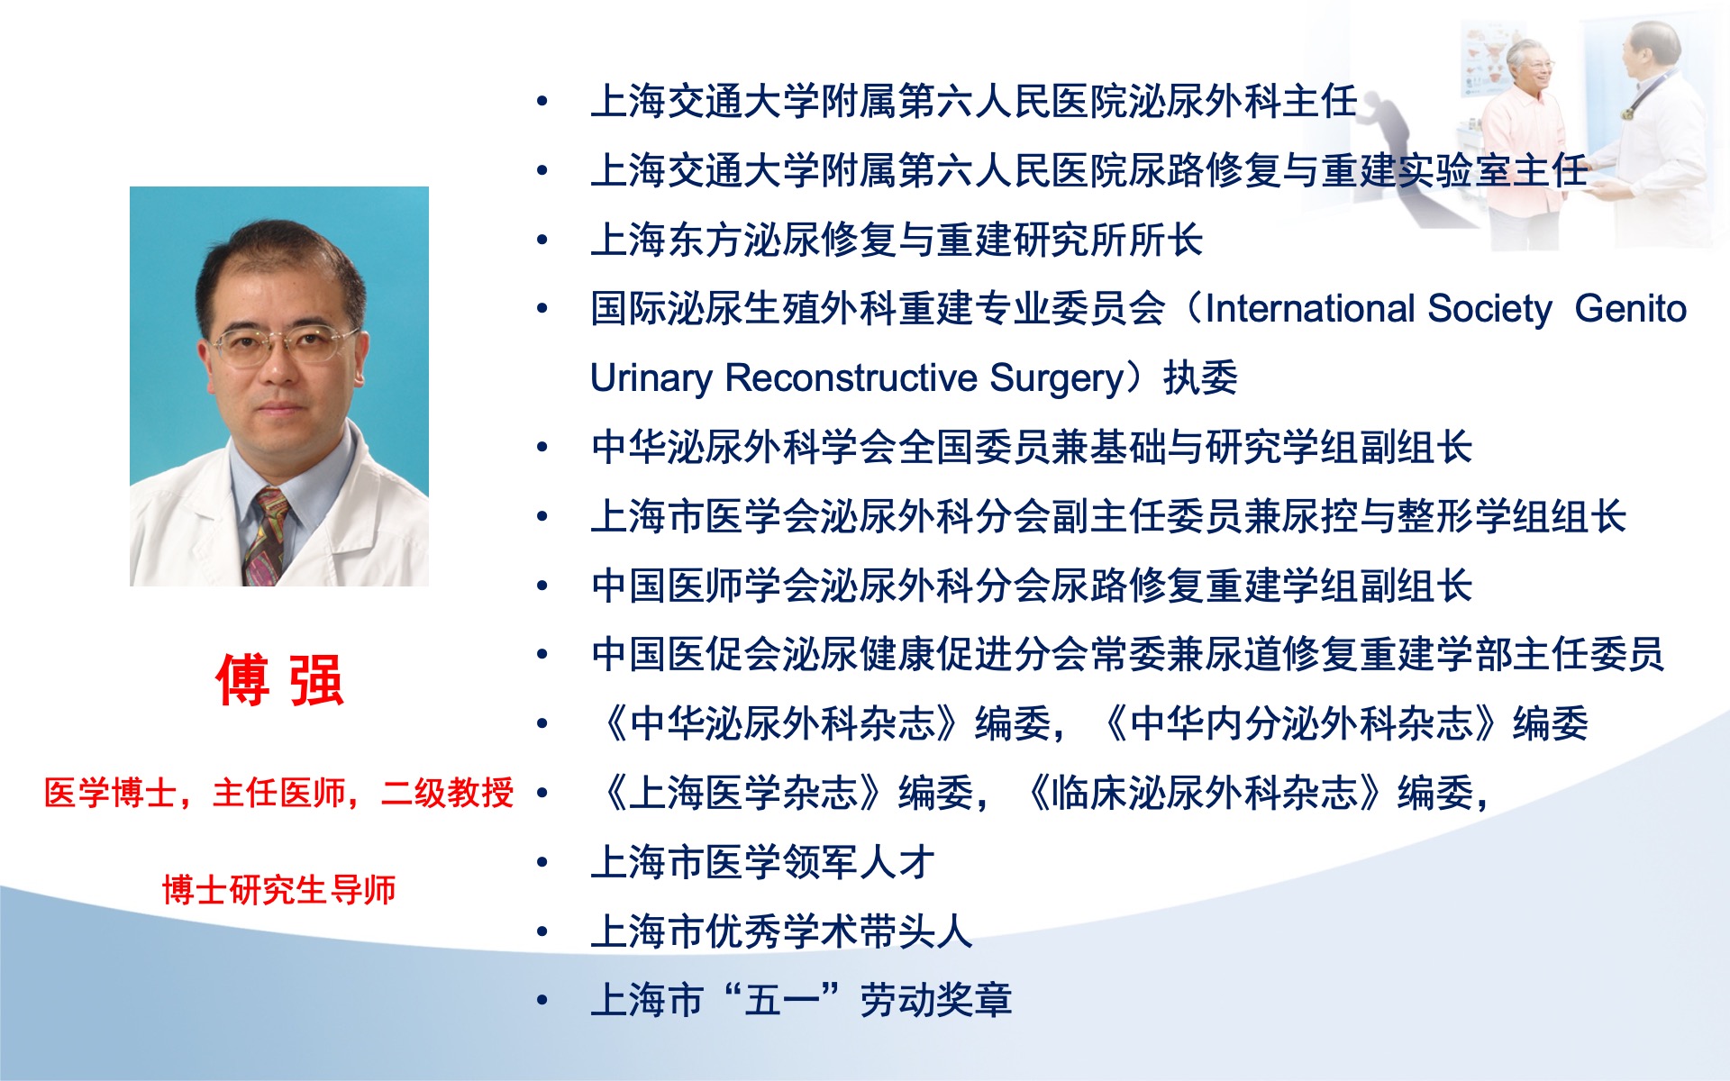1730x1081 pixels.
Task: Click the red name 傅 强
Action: (x=279, y=680)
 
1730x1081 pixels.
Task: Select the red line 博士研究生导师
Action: (x=279, y=889)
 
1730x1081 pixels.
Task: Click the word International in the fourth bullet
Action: (x=1309, y=309)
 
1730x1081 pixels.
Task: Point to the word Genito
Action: (x=1631, y=309)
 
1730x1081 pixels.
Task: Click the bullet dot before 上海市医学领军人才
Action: (x=542, y=863)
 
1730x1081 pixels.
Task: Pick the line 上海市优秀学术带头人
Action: (x=781, y=931)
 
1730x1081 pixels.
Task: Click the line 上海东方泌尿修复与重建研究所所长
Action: (x=897, y=241)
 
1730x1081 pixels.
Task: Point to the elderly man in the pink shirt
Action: (x=1523, y=135)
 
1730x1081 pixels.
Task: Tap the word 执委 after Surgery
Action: (x=1200, y=377)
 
